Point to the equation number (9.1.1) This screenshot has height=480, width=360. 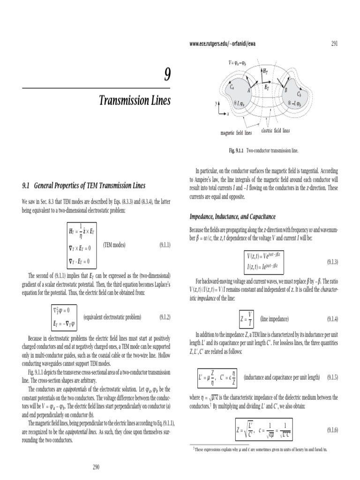click(162, 245)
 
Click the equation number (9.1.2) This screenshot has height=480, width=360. click(162, 317)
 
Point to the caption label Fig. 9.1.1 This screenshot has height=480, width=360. click(238, 151)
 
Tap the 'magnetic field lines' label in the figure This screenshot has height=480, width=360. click(236, 133)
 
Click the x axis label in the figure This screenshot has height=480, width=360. click(228, 114)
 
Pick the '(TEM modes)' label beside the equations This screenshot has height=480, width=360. click(114, 245)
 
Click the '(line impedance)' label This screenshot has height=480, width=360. click(275, 319)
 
